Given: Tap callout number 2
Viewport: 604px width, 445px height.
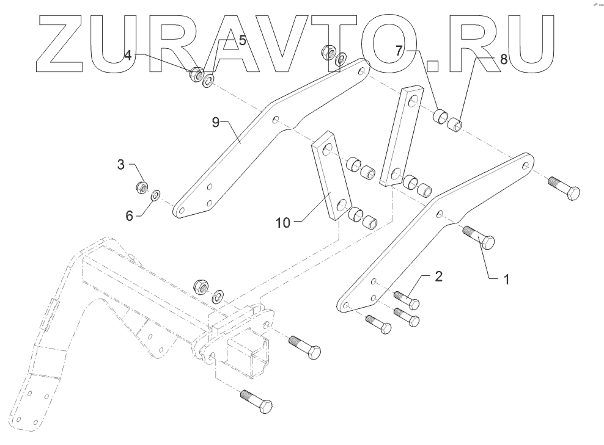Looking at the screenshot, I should (x=438, y=277).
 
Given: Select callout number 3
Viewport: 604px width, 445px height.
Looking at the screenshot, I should (x=121, y=164).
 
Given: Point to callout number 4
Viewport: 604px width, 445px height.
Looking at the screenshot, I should (x=127, y=54).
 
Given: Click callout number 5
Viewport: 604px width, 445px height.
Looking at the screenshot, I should (x=242, y=41).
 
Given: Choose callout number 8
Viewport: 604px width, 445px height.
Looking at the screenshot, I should (x=503, y=59).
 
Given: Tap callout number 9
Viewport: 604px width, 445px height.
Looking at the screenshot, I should (x=215, y=122).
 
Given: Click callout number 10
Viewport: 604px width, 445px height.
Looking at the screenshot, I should (x=282, y=223).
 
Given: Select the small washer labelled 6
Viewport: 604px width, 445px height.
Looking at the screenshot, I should (x=156, y=195).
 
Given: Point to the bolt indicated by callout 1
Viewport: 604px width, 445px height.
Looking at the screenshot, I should (x=481, y=237).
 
